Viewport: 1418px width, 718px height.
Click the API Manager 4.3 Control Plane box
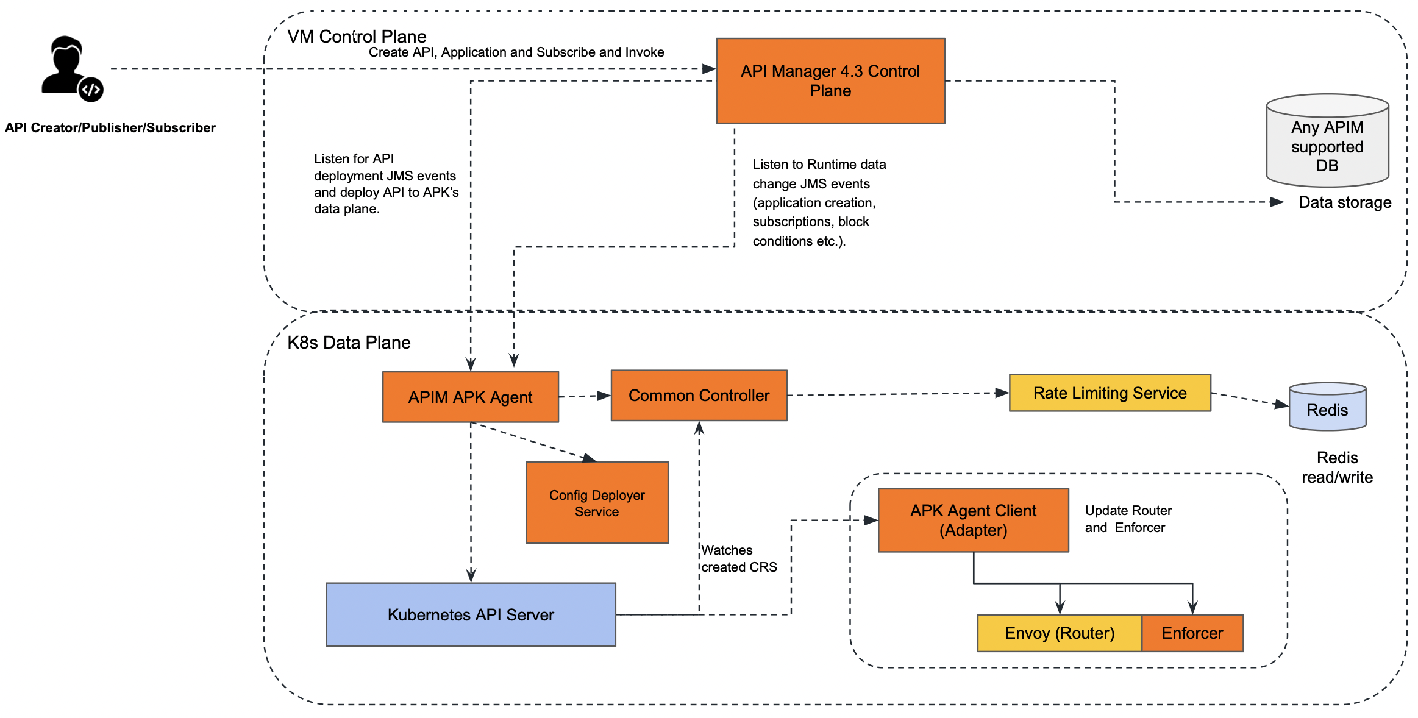[830, 81]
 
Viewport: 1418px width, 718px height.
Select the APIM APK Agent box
[471, 397]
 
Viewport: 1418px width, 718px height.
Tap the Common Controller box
[699, 395]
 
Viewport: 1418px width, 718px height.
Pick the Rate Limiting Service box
[1110, 393]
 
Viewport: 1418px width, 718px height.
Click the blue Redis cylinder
[1327, 407]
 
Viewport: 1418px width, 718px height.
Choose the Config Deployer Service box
[597, 502]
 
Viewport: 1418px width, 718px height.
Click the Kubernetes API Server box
[471, 614]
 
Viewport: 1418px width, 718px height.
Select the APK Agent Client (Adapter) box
[974, 520]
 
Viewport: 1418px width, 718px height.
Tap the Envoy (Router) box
[1060, 633]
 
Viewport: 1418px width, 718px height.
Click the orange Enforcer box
[1192, 633]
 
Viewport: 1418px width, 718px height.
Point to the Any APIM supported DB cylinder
[1327, 140]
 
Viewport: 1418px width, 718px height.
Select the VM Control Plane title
[357, 37]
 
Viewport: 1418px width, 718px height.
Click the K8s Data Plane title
[349, 343]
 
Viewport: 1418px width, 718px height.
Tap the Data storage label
[1345, 202]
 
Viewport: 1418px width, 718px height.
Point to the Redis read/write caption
[1337, 467]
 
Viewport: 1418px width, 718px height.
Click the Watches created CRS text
[739, 558]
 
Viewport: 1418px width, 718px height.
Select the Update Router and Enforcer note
[1128, 519]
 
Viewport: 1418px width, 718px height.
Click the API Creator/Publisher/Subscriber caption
[110, 128]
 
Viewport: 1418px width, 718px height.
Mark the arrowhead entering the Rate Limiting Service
[1002, 393]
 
